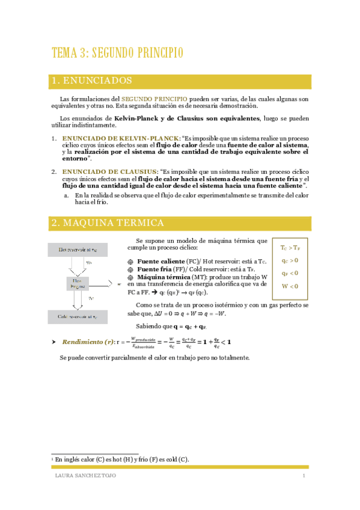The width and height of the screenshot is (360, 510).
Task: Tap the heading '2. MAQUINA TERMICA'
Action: tap(108, 223)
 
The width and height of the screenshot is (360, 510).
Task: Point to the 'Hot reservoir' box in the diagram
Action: tap(78, 249)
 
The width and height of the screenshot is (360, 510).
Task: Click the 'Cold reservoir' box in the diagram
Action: tap(78, 316)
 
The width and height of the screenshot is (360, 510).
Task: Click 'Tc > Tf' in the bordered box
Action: tap(291, 248)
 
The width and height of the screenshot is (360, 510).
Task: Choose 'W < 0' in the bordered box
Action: tap(290, 286)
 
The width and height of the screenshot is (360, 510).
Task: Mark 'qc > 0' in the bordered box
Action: tap(290, 260)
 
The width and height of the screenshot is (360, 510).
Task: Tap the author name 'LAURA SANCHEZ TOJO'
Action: tap(82, 476)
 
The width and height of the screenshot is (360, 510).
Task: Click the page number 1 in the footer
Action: tap(304, 476)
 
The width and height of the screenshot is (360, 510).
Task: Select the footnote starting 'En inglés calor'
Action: tap(120, 459)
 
